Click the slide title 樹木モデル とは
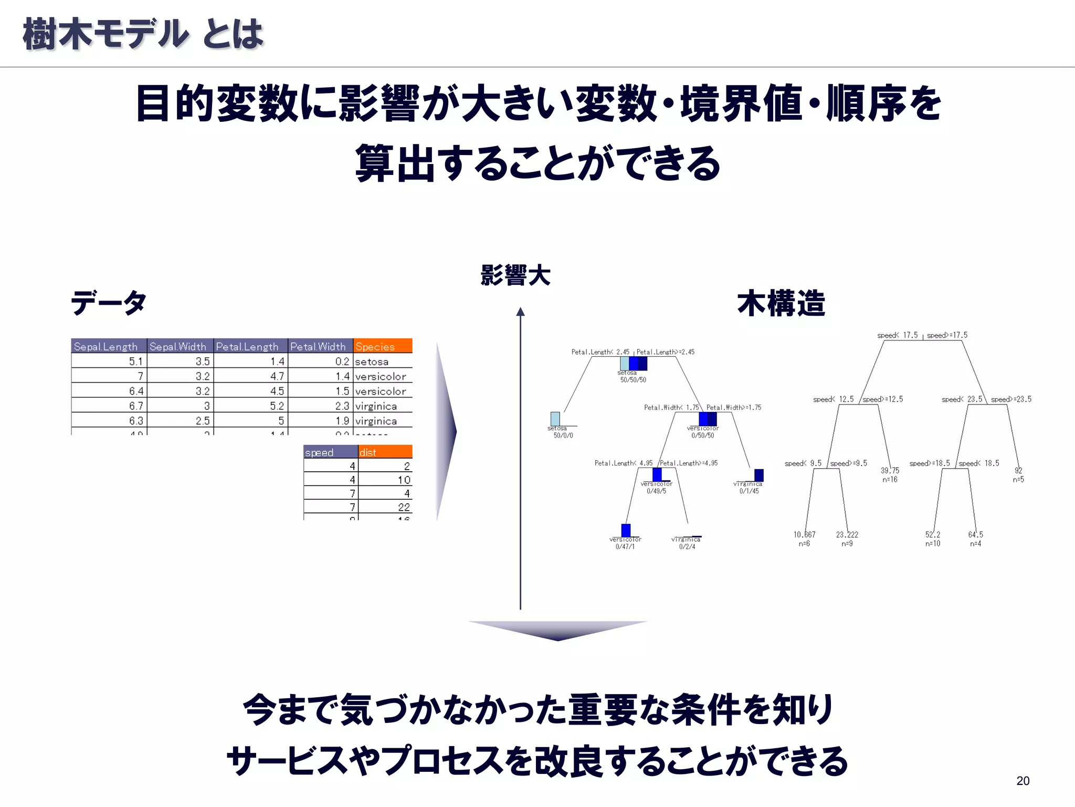(143, 34)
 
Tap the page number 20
(1023, 781)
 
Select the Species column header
(383, 346)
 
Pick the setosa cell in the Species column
(372, 361)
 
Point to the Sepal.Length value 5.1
(135, 361)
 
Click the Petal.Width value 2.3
(342, 406)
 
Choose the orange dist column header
(385, 452)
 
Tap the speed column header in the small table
(330, 452)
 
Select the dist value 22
(404, 507)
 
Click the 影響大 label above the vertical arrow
(515, 275)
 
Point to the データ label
(109, 303)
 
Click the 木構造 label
(781, 303)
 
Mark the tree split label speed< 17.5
(898, 335)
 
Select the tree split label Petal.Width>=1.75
(733, 408)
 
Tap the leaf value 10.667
(804, 535)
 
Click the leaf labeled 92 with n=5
(1018, 474)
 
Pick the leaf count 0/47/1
(625, 547)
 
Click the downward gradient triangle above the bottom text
(557, 630)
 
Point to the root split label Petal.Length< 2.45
(600, 352)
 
